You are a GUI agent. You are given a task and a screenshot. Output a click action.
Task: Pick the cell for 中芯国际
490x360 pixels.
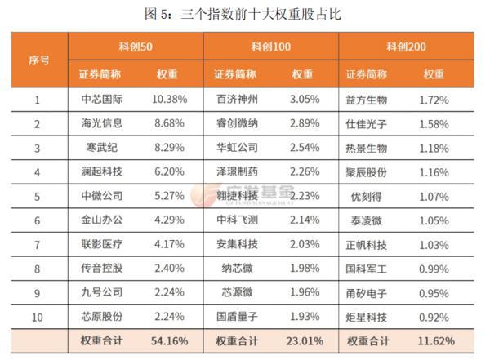102,100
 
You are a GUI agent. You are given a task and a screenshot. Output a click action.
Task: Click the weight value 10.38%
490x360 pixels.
169,100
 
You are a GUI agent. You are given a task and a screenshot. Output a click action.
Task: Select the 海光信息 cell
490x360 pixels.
102,124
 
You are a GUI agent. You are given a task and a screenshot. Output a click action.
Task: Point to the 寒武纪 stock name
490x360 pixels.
102,149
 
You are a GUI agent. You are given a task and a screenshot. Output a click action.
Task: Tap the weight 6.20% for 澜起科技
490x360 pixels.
169,172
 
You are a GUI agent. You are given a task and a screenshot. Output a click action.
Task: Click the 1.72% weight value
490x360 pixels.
434,100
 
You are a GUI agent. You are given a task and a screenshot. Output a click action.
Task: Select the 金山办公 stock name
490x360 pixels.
102,220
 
